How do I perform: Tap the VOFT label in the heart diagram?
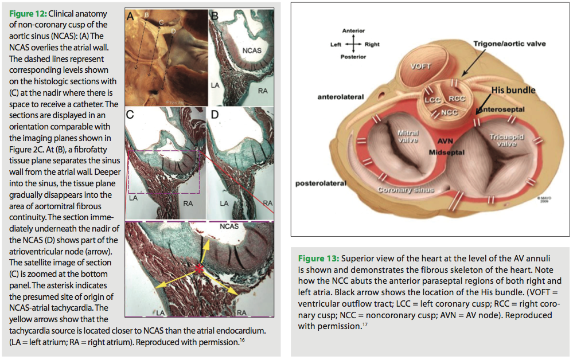(420, 66)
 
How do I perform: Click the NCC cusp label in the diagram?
(449, 112)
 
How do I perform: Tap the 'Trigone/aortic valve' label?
(509, 44)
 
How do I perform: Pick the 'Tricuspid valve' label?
(503, 140)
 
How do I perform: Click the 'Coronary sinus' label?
(405, 189)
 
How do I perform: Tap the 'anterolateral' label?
(341, 97)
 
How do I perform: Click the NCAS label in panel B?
(252, 50)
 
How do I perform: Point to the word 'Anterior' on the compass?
(353, 30)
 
